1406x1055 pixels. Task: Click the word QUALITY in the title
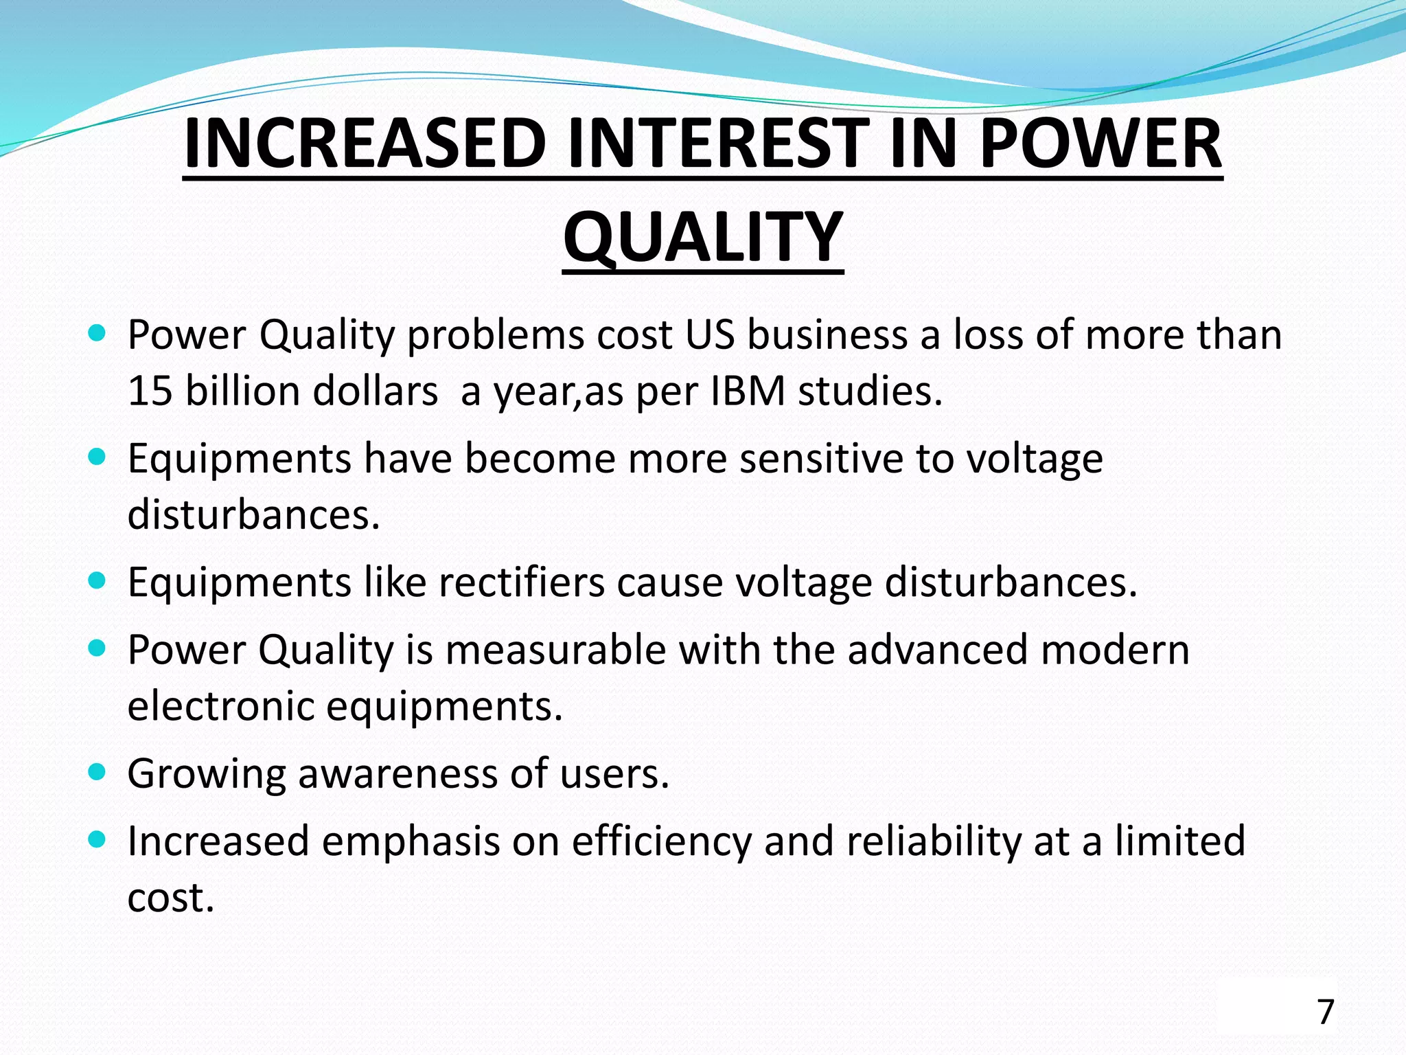(x=703, y=237)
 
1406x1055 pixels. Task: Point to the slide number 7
(x=1326, y=1012)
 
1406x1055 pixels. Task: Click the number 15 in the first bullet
(x=149, y=392)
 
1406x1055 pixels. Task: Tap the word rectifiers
(x=522, y=582)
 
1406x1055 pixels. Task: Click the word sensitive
(x=821, y=459)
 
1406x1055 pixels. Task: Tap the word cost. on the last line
(x=171, y=898)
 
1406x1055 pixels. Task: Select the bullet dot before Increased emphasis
(x=97, y=839)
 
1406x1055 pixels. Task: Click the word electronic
(x=220, y=706)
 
